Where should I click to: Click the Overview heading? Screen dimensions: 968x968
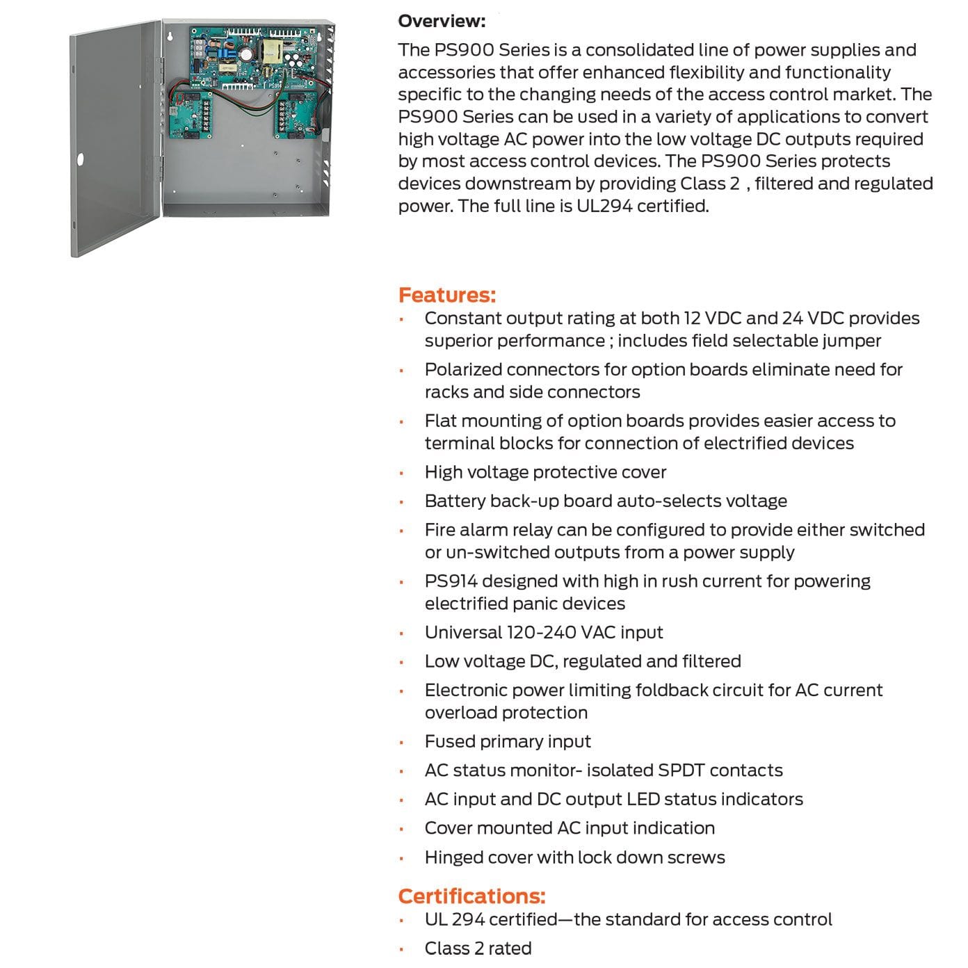442,21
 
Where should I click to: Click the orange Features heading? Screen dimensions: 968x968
447,295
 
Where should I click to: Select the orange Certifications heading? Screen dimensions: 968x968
471,896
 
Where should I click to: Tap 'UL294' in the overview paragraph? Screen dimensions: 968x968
604,206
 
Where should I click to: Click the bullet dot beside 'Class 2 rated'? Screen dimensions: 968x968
401,949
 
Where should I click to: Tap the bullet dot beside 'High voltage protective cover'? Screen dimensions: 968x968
401,473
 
